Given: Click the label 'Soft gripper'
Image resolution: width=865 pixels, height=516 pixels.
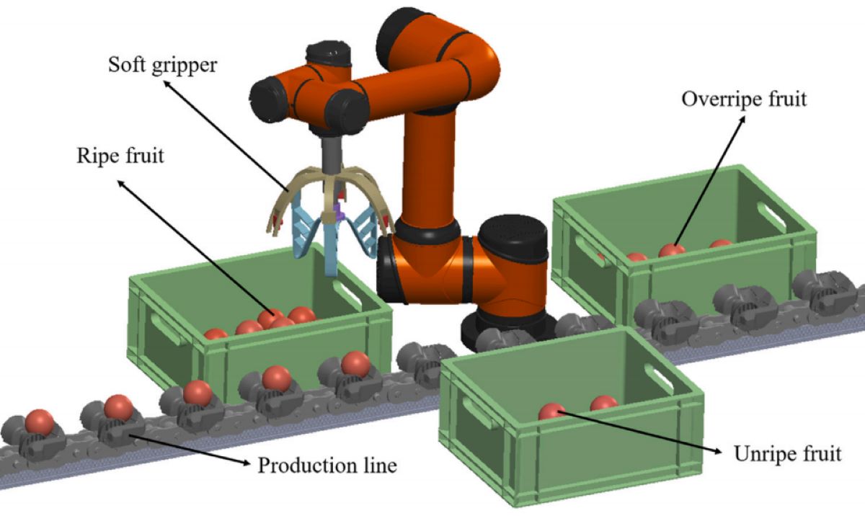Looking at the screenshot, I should [x=163, y=65].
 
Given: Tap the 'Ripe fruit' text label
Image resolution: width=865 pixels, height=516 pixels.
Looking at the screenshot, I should [x=120, y=155].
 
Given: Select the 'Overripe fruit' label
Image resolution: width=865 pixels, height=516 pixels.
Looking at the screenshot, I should [x=744, y=99].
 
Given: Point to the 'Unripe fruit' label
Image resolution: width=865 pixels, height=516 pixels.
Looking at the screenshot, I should [x=787, y=455].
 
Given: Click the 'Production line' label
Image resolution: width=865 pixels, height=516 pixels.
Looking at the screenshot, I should [x=327, y=466].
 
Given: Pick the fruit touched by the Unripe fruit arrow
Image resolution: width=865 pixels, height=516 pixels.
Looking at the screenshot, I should [x=552, y=412].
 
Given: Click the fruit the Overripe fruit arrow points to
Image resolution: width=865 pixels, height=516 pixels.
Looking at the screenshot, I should [x=671, y=250].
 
